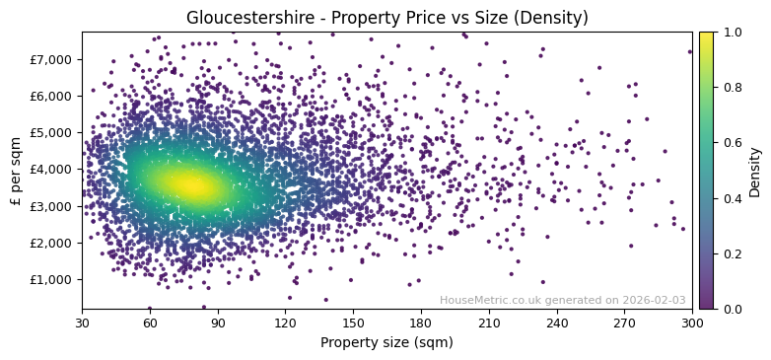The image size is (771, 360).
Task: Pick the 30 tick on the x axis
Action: click(82, 323)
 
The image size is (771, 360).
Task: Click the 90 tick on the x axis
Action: click(218, 323)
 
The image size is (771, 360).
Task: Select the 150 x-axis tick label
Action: click(353, 323)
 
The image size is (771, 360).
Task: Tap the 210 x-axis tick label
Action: click(489, 323)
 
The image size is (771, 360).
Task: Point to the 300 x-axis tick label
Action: click(692, 323)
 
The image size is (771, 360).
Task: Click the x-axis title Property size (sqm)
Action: click(386, 342)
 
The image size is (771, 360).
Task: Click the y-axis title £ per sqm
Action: click(17, 171)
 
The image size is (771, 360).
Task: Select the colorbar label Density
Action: click(755, 171)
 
